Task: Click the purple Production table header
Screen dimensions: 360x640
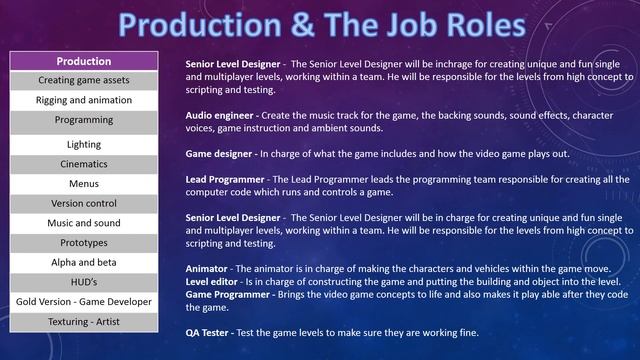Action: pos(84,62)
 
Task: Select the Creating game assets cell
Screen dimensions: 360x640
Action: pos(84,80)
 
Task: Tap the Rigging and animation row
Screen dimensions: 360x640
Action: pos(84,99)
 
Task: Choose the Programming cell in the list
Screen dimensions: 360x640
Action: pos(84,119)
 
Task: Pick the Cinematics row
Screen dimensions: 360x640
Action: pos(84,164)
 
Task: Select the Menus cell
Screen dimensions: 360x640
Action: pos(84,184)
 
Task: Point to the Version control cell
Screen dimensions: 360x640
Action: pos(84,203)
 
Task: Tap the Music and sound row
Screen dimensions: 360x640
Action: pos(84,223)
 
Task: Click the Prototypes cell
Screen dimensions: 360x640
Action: pos(84,242)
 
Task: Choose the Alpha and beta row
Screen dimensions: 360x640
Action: pos(84,262)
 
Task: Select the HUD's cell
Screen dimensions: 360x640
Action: pos(84,281)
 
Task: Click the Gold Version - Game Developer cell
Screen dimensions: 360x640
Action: pos(84,301)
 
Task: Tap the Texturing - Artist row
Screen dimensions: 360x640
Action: pos(84,321)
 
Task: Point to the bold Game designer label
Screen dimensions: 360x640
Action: pos(220,154)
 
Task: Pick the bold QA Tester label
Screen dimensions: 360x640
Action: pos(210,332)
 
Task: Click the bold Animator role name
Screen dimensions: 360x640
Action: pos(207,269)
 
